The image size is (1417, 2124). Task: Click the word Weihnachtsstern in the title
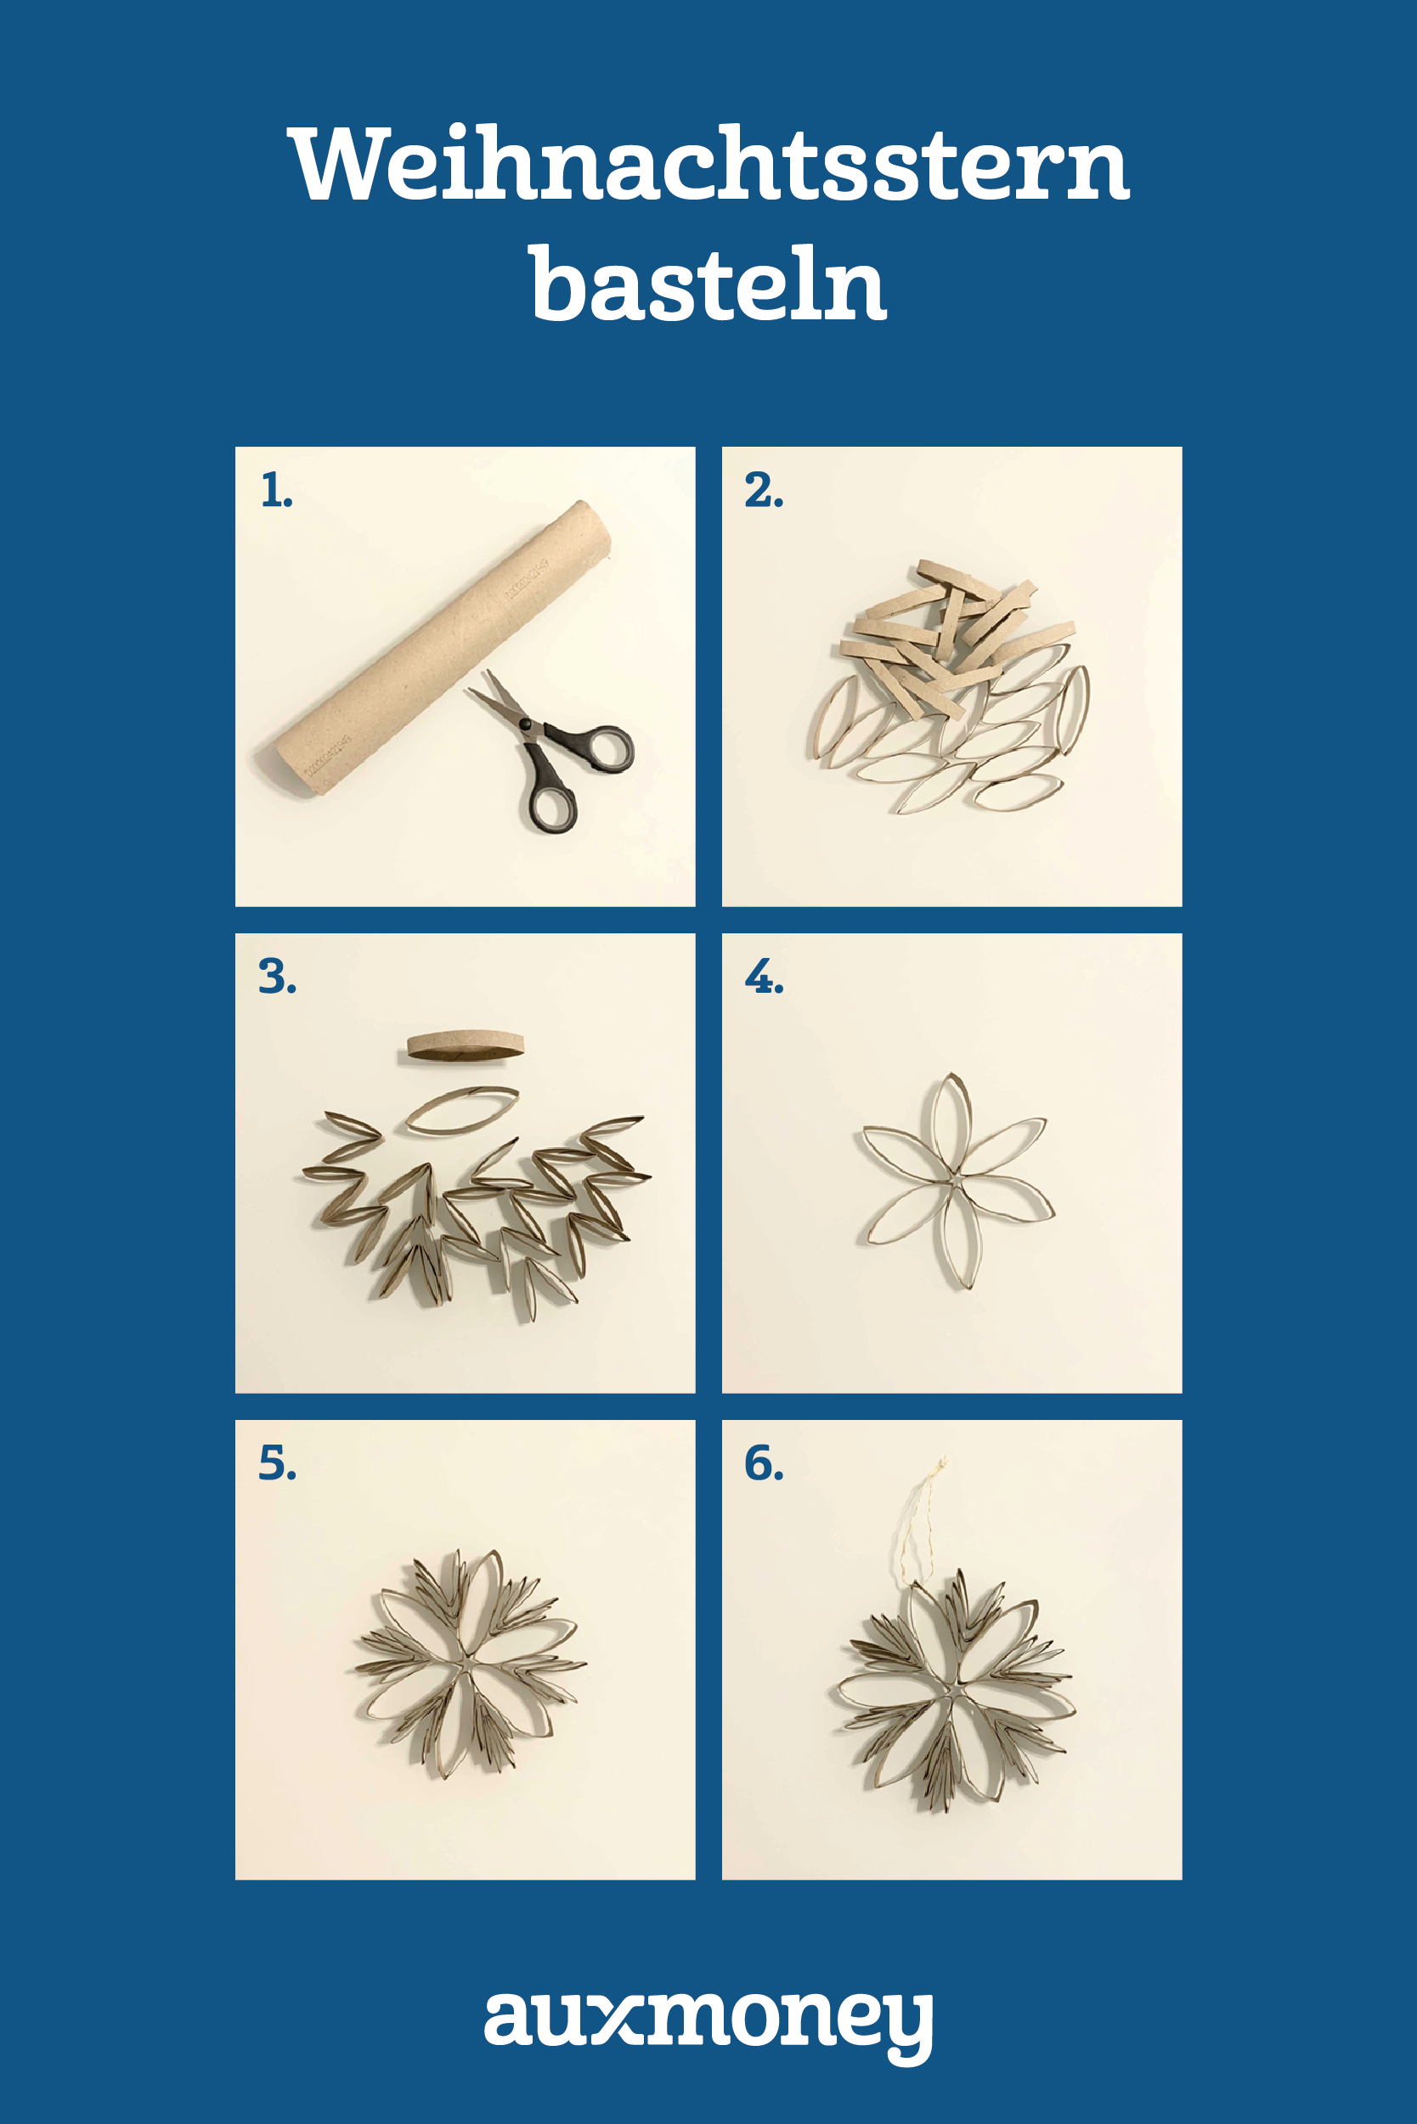[x=708, y=164]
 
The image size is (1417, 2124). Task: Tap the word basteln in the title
[x=708, y=283]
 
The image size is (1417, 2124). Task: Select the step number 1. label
[x=277, y=491]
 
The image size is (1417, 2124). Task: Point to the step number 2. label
[x=764, y=491]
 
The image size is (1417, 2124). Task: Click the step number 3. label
[x=278, y=977]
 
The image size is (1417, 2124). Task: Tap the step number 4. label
[x=765, y=977]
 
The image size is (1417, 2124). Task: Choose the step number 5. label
[x=278, y=1462]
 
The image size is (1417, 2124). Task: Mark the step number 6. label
[x=765, y=1462]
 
